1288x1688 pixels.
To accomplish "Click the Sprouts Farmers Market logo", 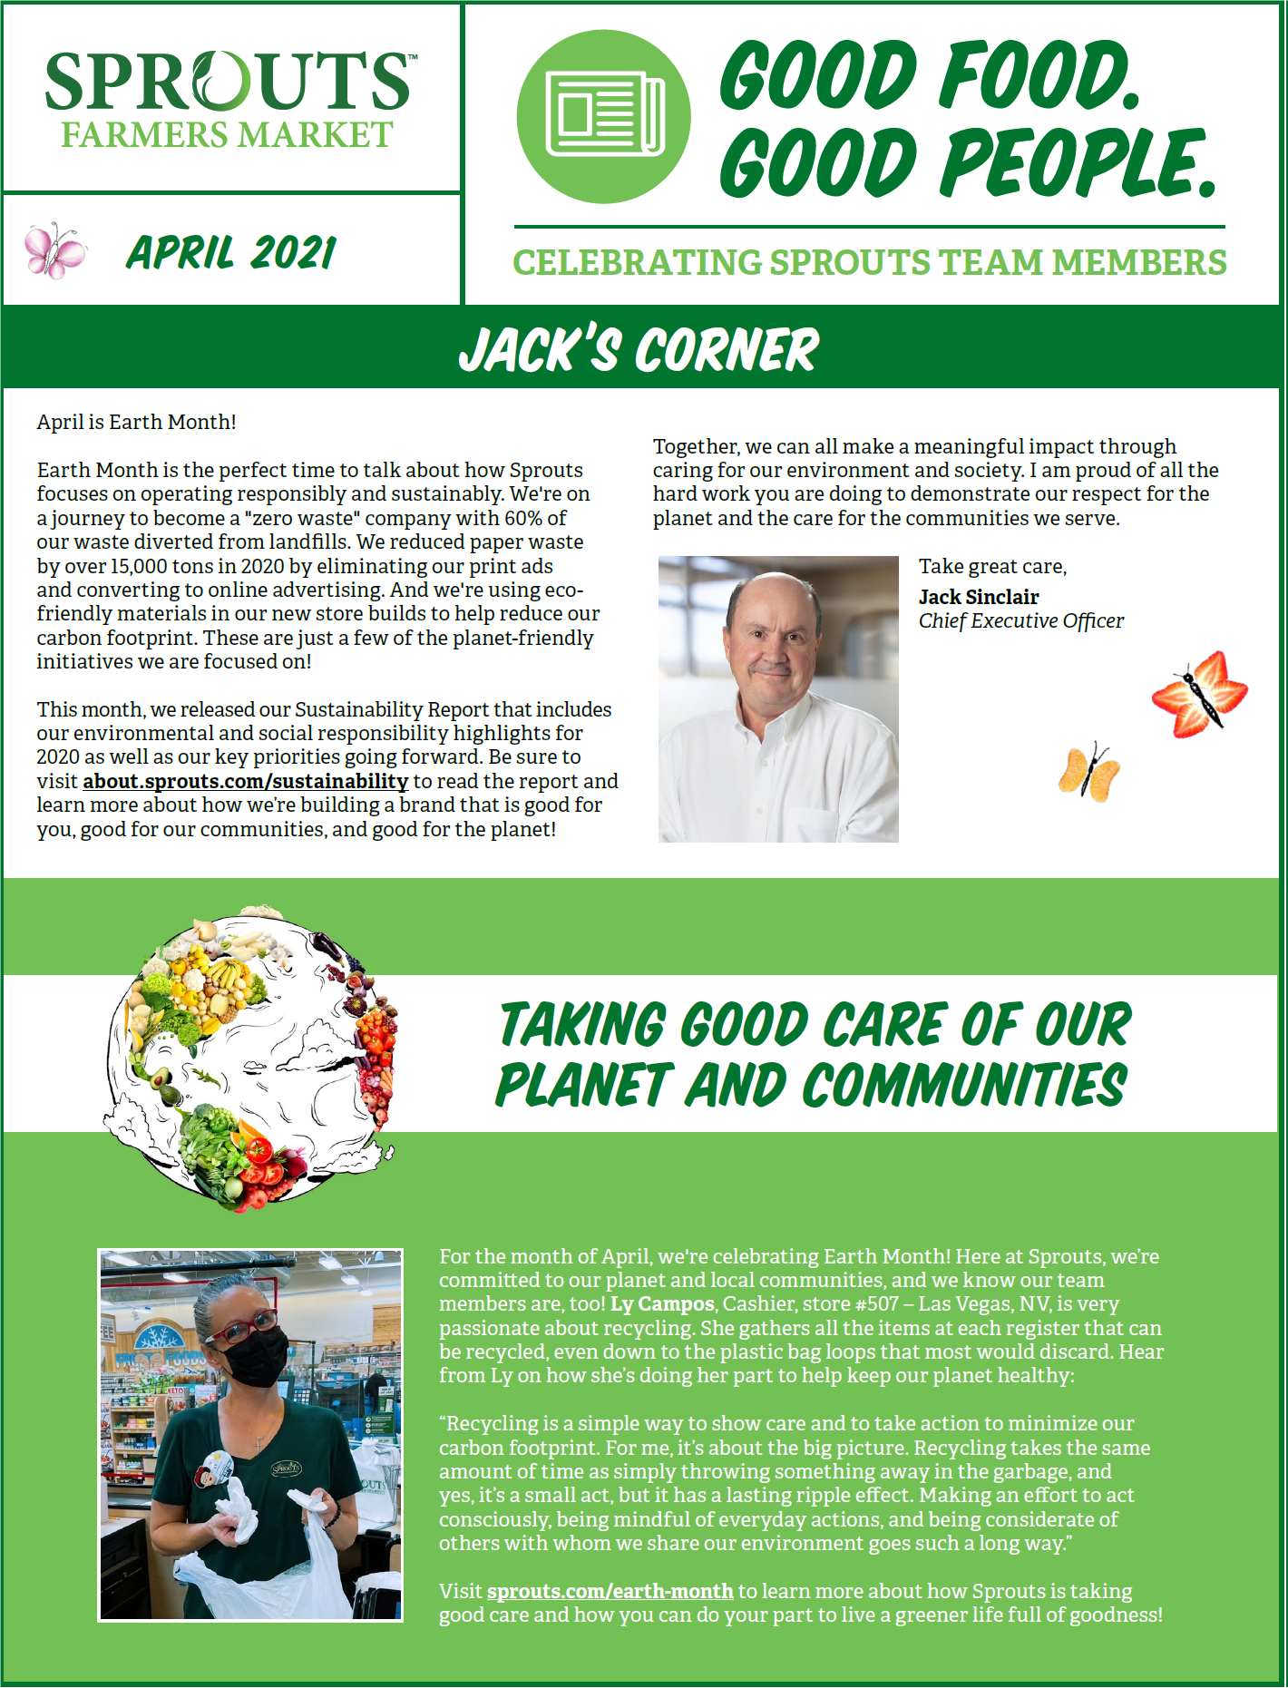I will tap(230, 98).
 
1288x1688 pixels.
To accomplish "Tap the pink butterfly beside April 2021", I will tap(55, 249).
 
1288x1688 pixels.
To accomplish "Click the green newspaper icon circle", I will tap(603, 116).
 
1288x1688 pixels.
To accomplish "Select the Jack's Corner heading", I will tap(639, 349).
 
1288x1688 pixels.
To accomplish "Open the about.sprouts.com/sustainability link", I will tap(245, 781).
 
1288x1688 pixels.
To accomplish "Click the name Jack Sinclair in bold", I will tap(979, 597).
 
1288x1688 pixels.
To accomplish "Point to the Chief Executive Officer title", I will tap(1020, 620).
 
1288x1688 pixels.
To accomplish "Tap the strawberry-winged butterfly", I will tap(1200, 694).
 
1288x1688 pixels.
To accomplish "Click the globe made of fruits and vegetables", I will tap(251, 1057).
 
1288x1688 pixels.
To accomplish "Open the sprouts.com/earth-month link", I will tap(610, 1591).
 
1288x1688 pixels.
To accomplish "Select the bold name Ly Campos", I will tap(662, 1304).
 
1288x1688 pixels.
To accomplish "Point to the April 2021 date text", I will tap(231, 252).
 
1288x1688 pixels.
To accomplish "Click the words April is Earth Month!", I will tap(136, 422).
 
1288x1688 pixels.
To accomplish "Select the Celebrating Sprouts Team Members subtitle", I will tap(869, 263).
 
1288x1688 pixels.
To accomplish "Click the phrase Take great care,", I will tap(992, 567).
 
